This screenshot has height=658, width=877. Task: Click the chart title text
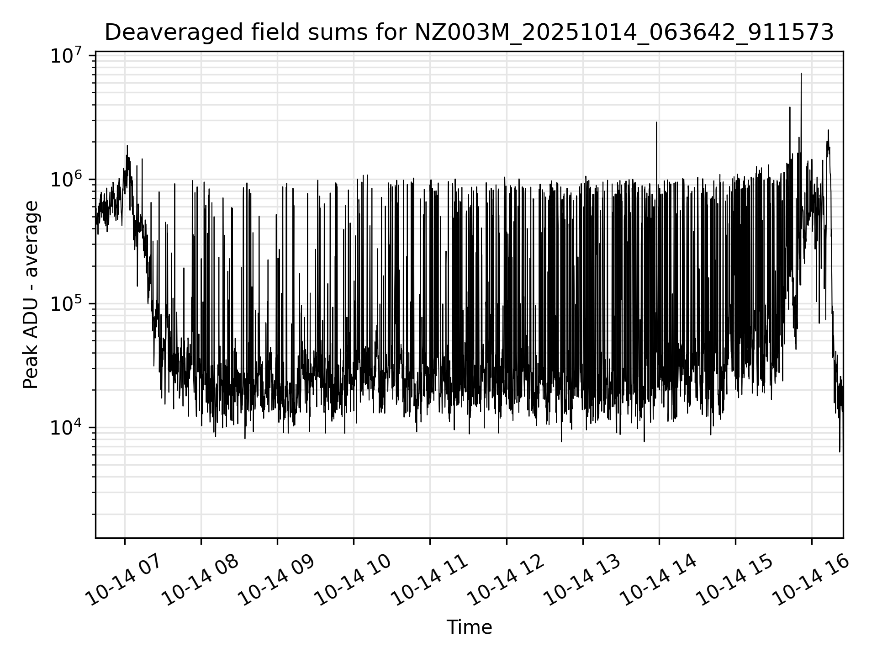point(469,32)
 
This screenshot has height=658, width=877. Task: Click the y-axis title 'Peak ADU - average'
point(31,295)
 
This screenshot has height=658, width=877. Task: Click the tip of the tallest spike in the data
point(801,74)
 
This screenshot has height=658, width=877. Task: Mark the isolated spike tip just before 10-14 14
point(657,122)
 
